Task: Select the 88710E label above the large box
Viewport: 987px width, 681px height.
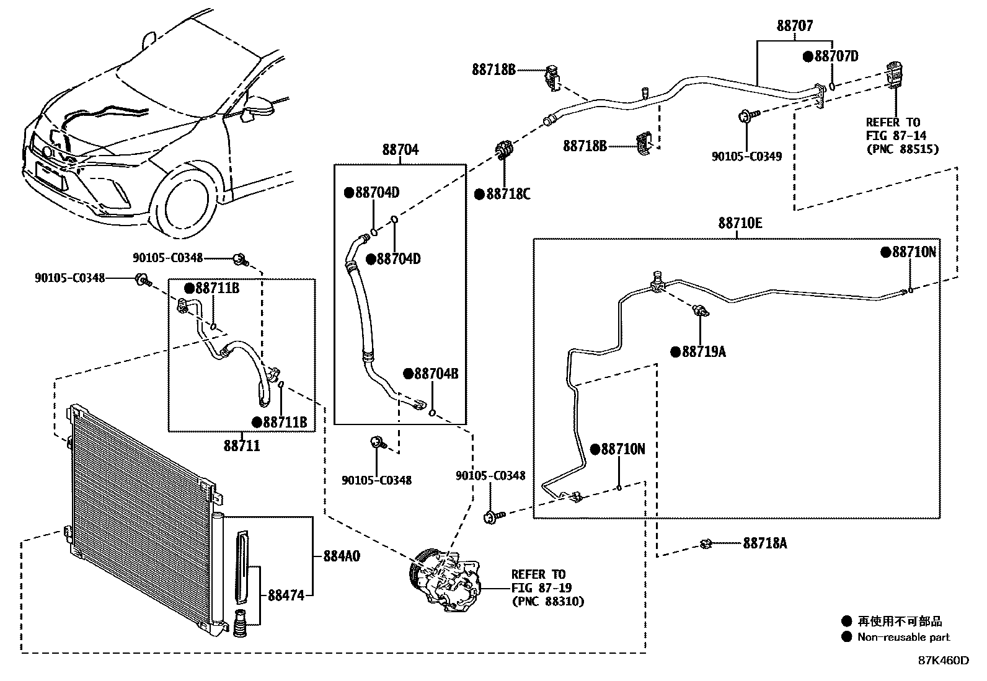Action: pos(740,223)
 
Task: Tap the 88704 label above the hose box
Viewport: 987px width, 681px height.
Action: pos(400,149)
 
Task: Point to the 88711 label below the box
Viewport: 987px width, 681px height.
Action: pos(242,445)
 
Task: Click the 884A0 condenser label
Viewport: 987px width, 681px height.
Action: pos(341,556)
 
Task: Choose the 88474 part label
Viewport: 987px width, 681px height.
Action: pos(286,595)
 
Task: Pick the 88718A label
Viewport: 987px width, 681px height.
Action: pos(764,543)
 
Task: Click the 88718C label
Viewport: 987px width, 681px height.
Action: pos(508,195)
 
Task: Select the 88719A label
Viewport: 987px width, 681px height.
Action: pos(703,352)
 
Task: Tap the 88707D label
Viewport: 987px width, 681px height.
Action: pos(836,56)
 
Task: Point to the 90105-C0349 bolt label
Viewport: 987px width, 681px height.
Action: pos(746,156)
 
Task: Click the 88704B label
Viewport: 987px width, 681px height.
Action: pos(435,374)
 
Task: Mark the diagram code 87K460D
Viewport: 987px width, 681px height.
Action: pos(943,661)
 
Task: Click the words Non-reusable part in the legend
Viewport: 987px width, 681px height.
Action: pos(903,637)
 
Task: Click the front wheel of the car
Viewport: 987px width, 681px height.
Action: pos(184,201)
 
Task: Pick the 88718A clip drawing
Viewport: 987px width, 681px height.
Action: pos(706,544)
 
